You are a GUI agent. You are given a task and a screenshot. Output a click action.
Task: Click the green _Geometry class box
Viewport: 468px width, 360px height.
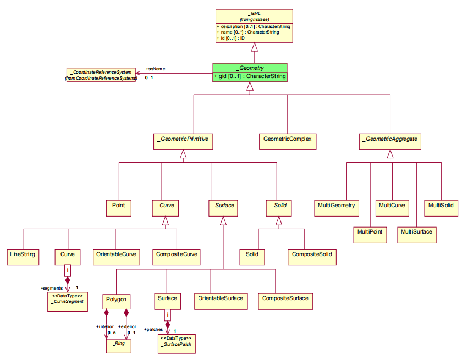250,71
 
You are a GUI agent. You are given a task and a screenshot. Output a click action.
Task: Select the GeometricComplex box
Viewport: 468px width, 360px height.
287,139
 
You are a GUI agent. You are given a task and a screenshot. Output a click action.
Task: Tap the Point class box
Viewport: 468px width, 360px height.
119,206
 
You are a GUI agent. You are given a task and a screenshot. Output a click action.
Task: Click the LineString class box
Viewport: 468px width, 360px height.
23,254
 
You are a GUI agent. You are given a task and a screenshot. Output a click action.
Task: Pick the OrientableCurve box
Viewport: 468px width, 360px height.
115,254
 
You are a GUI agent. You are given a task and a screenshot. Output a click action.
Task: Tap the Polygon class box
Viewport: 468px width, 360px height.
116,300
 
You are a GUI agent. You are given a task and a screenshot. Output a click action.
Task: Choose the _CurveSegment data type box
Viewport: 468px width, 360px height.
67,302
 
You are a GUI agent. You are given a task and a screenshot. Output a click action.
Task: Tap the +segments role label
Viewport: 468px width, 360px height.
51,288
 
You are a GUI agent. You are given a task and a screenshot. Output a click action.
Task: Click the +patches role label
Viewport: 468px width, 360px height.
153,329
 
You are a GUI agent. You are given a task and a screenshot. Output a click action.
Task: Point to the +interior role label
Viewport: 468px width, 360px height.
105,326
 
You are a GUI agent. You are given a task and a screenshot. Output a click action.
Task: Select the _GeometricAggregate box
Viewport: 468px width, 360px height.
390,139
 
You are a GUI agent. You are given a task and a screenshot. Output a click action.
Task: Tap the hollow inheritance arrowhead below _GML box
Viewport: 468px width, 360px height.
255,48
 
